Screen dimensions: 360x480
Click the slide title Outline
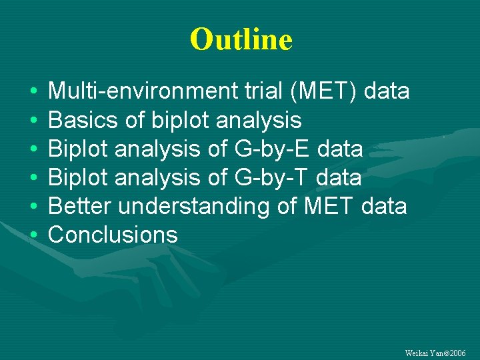tap(241, 39)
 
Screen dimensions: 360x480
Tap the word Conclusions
tap(113, 235)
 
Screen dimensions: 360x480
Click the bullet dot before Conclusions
tap(33, 235)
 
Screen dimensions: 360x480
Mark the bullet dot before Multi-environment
tap(33, 92)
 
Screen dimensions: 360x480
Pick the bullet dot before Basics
tap(33, 121)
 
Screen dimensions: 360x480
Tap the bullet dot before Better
tap(33, 207)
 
